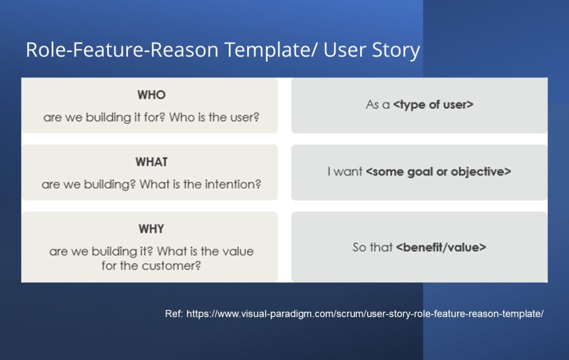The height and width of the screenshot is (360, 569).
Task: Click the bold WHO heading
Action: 151,95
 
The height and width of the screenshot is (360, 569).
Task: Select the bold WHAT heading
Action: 151,162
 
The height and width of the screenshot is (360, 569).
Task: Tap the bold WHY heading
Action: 151,229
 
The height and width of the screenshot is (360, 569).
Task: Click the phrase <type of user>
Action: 433,105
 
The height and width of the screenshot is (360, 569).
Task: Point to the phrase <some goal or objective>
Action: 438,172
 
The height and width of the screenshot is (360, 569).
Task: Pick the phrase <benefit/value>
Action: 441,248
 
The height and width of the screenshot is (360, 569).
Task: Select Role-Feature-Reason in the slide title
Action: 122,49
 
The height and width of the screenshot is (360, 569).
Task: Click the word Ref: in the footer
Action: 174,313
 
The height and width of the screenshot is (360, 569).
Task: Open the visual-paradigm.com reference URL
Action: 365,314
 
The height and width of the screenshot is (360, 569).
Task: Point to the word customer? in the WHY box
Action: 171,266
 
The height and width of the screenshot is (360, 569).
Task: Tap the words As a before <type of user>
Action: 378,105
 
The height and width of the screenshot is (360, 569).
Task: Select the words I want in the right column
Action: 345,172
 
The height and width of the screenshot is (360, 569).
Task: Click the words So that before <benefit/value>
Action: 372,248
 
